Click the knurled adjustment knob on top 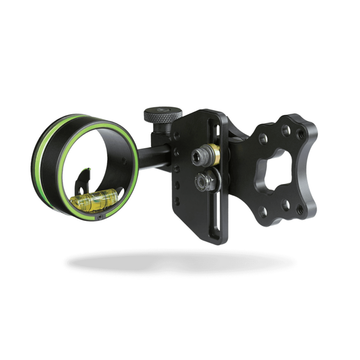pos(163,115)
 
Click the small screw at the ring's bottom pos(101,218)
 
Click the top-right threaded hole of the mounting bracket pos(301,134)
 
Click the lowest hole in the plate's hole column pos(177,201)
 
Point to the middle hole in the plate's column pos(177,168)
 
